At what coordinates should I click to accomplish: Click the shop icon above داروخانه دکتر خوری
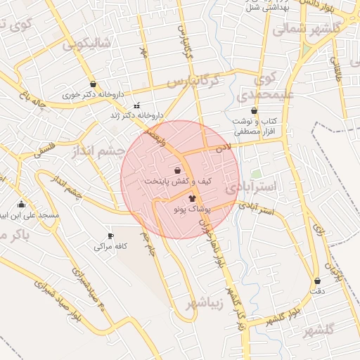click(x=93, y=84)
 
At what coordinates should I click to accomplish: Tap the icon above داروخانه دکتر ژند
click(x=136, y=104)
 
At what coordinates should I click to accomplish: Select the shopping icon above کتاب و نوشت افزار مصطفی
click(x=254, y=110)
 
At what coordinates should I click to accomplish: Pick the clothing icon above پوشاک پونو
click(x=192, y=199)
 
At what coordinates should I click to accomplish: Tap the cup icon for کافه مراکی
click(x=110, y=236)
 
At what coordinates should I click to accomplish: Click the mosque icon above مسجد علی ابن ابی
click(x=21, y=205)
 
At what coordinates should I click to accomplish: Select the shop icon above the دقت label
click(x=317, y=281)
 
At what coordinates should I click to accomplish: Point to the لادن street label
click(x=223, y=148)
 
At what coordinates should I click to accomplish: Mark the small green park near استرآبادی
click(x=257, y=173)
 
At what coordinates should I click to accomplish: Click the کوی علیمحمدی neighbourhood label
click(x=269, y=86)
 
